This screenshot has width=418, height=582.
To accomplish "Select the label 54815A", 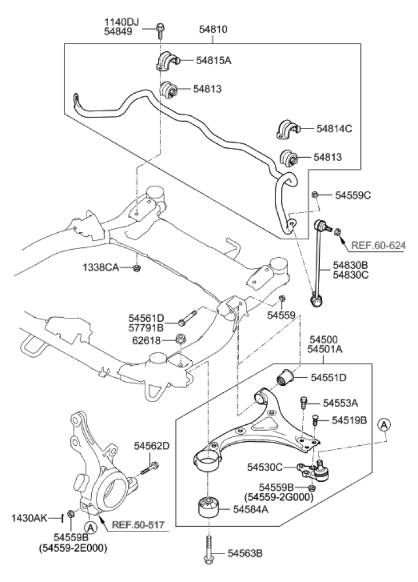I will [213, 60].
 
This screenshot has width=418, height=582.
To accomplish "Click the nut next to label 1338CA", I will [137, 268].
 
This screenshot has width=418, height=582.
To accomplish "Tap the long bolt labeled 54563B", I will [209, 550].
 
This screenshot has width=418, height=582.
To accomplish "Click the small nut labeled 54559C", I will [315, 194].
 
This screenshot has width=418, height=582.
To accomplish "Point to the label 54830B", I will [350, 265].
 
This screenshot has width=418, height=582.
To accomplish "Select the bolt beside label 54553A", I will [303, 402].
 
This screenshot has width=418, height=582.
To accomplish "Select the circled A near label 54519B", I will [384, 425].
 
